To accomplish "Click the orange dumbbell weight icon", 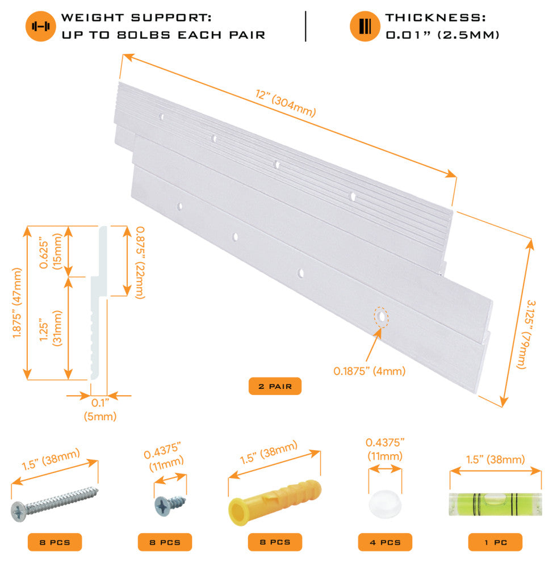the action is pos(40,26).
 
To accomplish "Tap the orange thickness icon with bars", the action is pos(365,26).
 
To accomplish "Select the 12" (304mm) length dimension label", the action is pos(286,103).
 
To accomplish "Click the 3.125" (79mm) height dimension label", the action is pos(526,334).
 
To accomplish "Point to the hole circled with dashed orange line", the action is pos(381,317).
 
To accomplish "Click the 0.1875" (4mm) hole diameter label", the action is pos(369,371).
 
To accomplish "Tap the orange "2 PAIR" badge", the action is pos(275,387).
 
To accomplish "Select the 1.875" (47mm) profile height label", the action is pos(17,303).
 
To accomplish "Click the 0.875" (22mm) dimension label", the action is pos(140,262).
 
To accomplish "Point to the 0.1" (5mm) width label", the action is pos(100,409).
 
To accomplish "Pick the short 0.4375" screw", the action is pos(170,505).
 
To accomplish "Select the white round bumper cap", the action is pos(385,504).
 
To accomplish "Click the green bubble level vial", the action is pos(495,504).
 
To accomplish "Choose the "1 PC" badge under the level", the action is pos(495,542).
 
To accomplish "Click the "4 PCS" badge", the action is pos(385,542).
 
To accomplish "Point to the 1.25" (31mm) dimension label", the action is pos(51,329).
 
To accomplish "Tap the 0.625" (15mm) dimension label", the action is pos(51,251).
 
